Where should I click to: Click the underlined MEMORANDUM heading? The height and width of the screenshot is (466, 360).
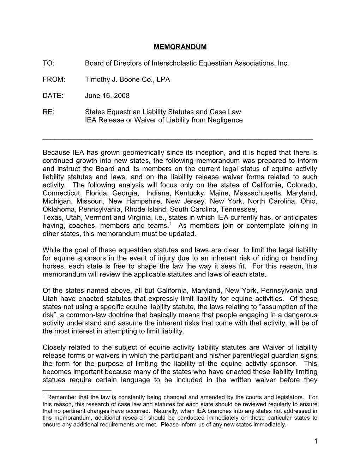click(180, 47)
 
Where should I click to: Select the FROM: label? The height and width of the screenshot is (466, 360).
click(54, 79)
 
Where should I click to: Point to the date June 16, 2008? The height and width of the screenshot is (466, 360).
click(107, 96)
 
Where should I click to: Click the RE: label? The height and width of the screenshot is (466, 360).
click(48, 112)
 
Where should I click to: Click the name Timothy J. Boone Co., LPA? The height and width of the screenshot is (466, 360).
click(127, 79)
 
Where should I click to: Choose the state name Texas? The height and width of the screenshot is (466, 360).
click(51, 217)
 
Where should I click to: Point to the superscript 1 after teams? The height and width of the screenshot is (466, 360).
click(170, 224)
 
